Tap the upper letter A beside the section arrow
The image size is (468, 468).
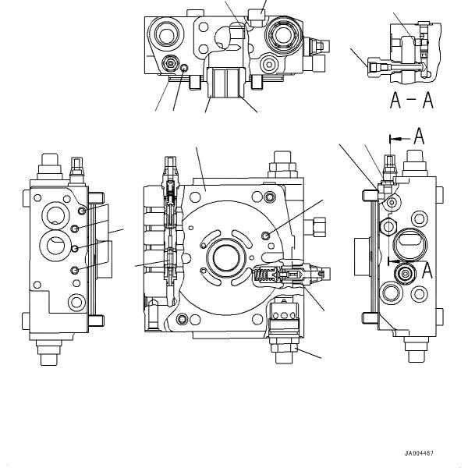(x=419, y=136)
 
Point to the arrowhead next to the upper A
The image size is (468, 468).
(x=393, y=138)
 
